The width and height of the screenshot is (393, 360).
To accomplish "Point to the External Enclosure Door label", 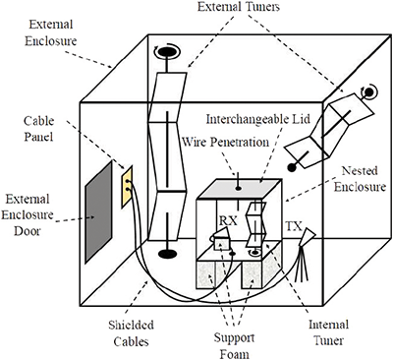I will (x=26, y=208).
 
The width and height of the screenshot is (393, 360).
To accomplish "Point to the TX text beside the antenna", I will (x=293, y=226).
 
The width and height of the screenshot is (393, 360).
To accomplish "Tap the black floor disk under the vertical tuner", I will (x=168, y=254).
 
